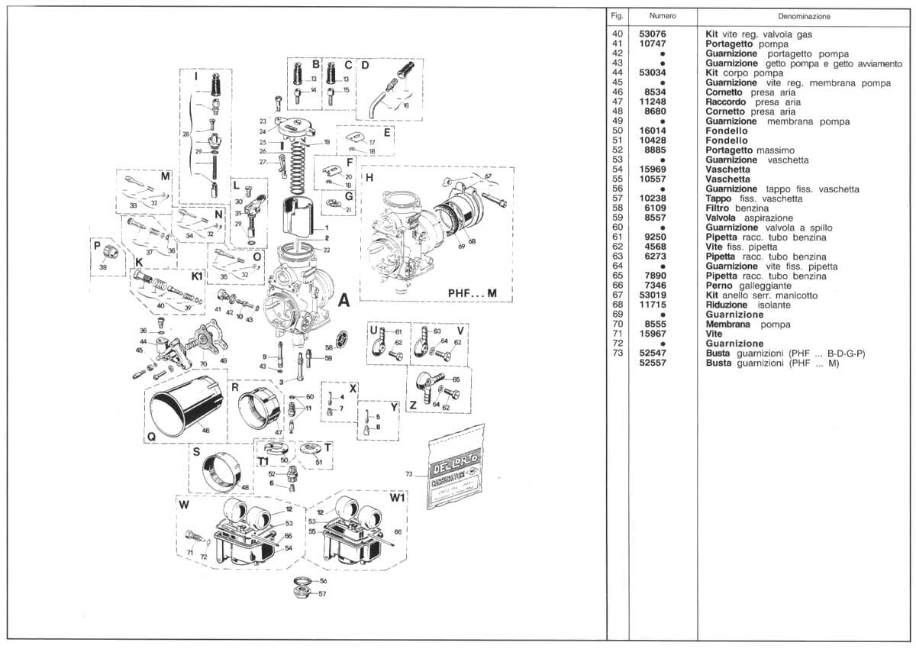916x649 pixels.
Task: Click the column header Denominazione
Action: [804, 16]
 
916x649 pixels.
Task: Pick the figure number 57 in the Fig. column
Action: [618, 199]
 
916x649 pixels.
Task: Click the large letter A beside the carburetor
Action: [343, 302]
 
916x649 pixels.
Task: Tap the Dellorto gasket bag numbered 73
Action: [456, 467]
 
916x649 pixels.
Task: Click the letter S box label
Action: [196, 452]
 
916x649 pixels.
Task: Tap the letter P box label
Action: [97, 246]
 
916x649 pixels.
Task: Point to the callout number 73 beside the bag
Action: [409, 475]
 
